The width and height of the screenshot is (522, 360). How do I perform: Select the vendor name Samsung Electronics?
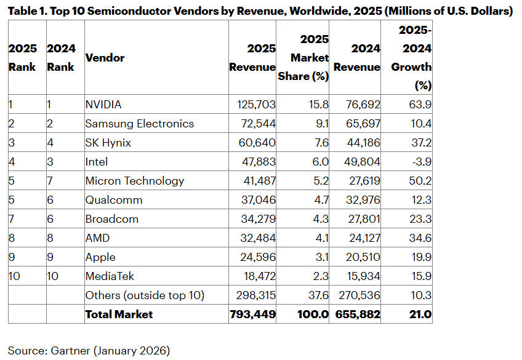(139, 124)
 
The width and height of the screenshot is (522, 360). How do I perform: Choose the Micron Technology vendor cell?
(134, 181)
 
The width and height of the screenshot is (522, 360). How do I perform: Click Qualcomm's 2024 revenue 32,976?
(359, 200)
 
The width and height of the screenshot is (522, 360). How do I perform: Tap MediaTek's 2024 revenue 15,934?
(359, 276)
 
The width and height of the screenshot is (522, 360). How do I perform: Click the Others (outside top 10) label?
(145, 295)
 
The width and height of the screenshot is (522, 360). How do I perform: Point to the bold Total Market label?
(119, 314)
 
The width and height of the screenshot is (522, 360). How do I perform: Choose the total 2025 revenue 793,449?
(252, 314)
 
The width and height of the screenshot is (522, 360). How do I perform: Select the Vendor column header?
(105, 58)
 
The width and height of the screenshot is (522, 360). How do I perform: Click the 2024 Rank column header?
(61, 58)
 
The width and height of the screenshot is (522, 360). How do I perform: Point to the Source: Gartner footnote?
(89, 351)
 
